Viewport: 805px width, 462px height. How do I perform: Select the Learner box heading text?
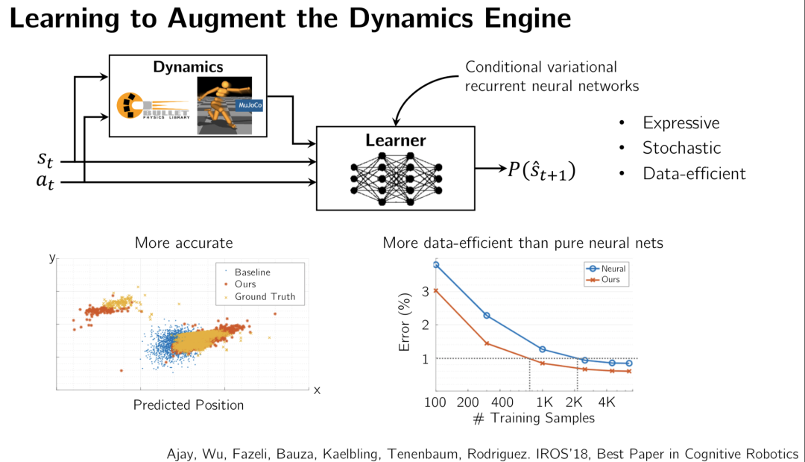click(x=395, y=140)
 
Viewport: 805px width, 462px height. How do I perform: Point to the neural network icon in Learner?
click(x=396, y=178)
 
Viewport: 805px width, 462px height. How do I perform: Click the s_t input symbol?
click(x=47, y=159)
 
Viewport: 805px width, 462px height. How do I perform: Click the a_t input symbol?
click(x=47, y=181)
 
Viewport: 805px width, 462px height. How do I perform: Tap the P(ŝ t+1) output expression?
click(x=542, y=170)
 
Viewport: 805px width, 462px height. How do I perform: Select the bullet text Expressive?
click(x=681, y=123)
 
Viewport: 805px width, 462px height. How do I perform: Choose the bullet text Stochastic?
click(x=681, y=148)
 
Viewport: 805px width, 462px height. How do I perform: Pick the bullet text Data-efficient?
click(x=693, y=174)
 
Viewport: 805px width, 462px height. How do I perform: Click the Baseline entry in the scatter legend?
click(x=252, y=272)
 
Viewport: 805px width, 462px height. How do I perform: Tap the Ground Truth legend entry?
click(x=265, y=296)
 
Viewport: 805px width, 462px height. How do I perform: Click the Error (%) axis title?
click(x=405, y=325)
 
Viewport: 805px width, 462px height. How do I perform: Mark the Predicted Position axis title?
click(x=189, y=405)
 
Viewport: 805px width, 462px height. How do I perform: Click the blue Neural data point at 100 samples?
click(x=436, y=264)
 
